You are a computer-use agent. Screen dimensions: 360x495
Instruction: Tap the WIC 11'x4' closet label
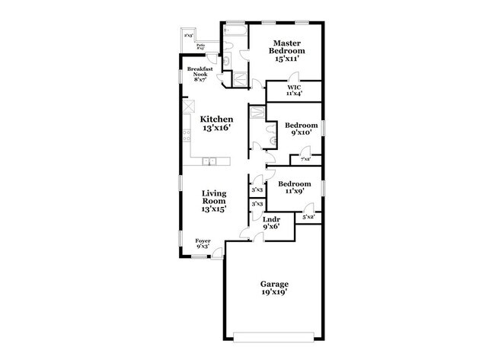point(293,90)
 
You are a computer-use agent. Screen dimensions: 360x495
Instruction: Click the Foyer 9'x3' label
point(203,243)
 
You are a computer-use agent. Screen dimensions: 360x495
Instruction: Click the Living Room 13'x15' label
point(215,202)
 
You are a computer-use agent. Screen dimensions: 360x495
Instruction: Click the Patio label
point(200,46)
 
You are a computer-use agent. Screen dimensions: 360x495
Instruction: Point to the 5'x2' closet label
point(308,218)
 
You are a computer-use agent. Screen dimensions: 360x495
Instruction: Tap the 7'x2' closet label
point(305,158)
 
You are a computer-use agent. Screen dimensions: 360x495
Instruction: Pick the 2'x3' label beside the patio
point(188,35)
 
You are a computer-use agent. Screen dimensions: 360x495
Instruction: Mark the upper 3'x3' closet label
point(257,190)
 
